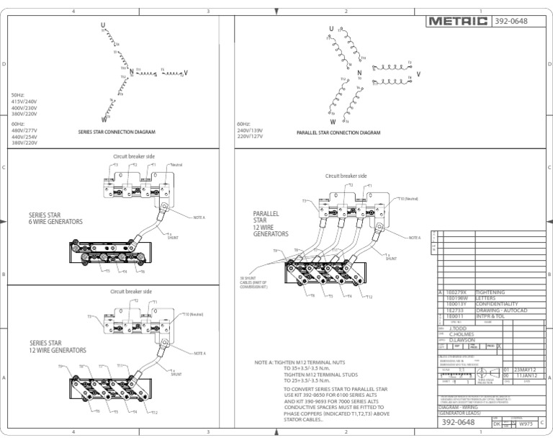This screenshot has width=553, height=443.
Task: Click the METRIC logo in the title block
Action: [x=457, y=21]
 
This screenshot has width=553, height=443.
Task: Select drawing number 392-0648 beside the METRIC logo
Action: [x=511, y=21]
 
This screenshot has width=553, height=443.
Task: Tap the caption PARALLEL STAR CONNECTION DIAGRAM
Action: [x=338, y=133]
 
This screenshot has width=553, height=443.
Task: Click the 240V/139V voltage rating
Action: [x=250, y=130]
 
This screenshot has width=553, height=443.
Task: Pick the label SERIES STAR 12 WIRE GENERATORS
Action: [x=57, y=346]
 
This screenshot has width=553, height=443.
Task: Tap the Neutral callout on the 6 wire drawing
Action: [x=176, y=165]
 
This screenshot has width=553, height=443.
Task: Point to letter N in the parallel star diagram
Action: [x=359, y=73]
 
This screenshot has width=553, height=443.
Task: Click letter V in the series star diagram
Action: [x=186, y=73]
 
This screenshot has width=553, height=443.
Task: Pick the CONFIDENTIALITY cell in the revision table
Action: [x=496, y=304]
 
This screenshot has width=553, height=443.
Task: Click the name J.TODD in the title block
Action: [x=459, y=328]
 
